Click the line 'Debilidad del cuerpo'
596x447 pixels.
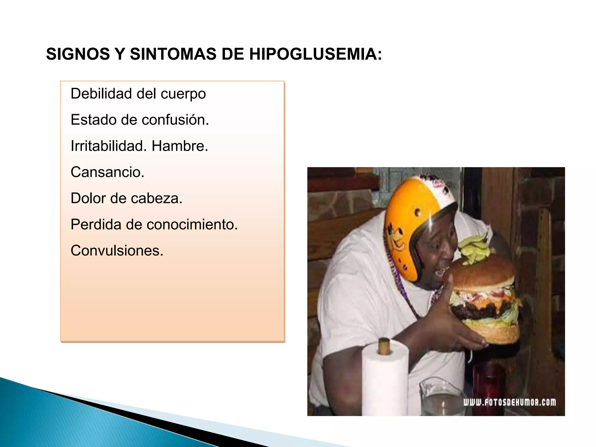coord(138,94)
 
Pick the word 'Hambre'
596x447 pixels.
coord(179,146)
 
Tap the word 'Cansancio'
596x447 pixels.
coord(107,172)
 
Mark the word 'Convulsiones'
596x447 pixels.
coord(117,251)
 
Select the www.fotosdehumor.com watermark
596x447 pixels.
coord(509,402)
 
